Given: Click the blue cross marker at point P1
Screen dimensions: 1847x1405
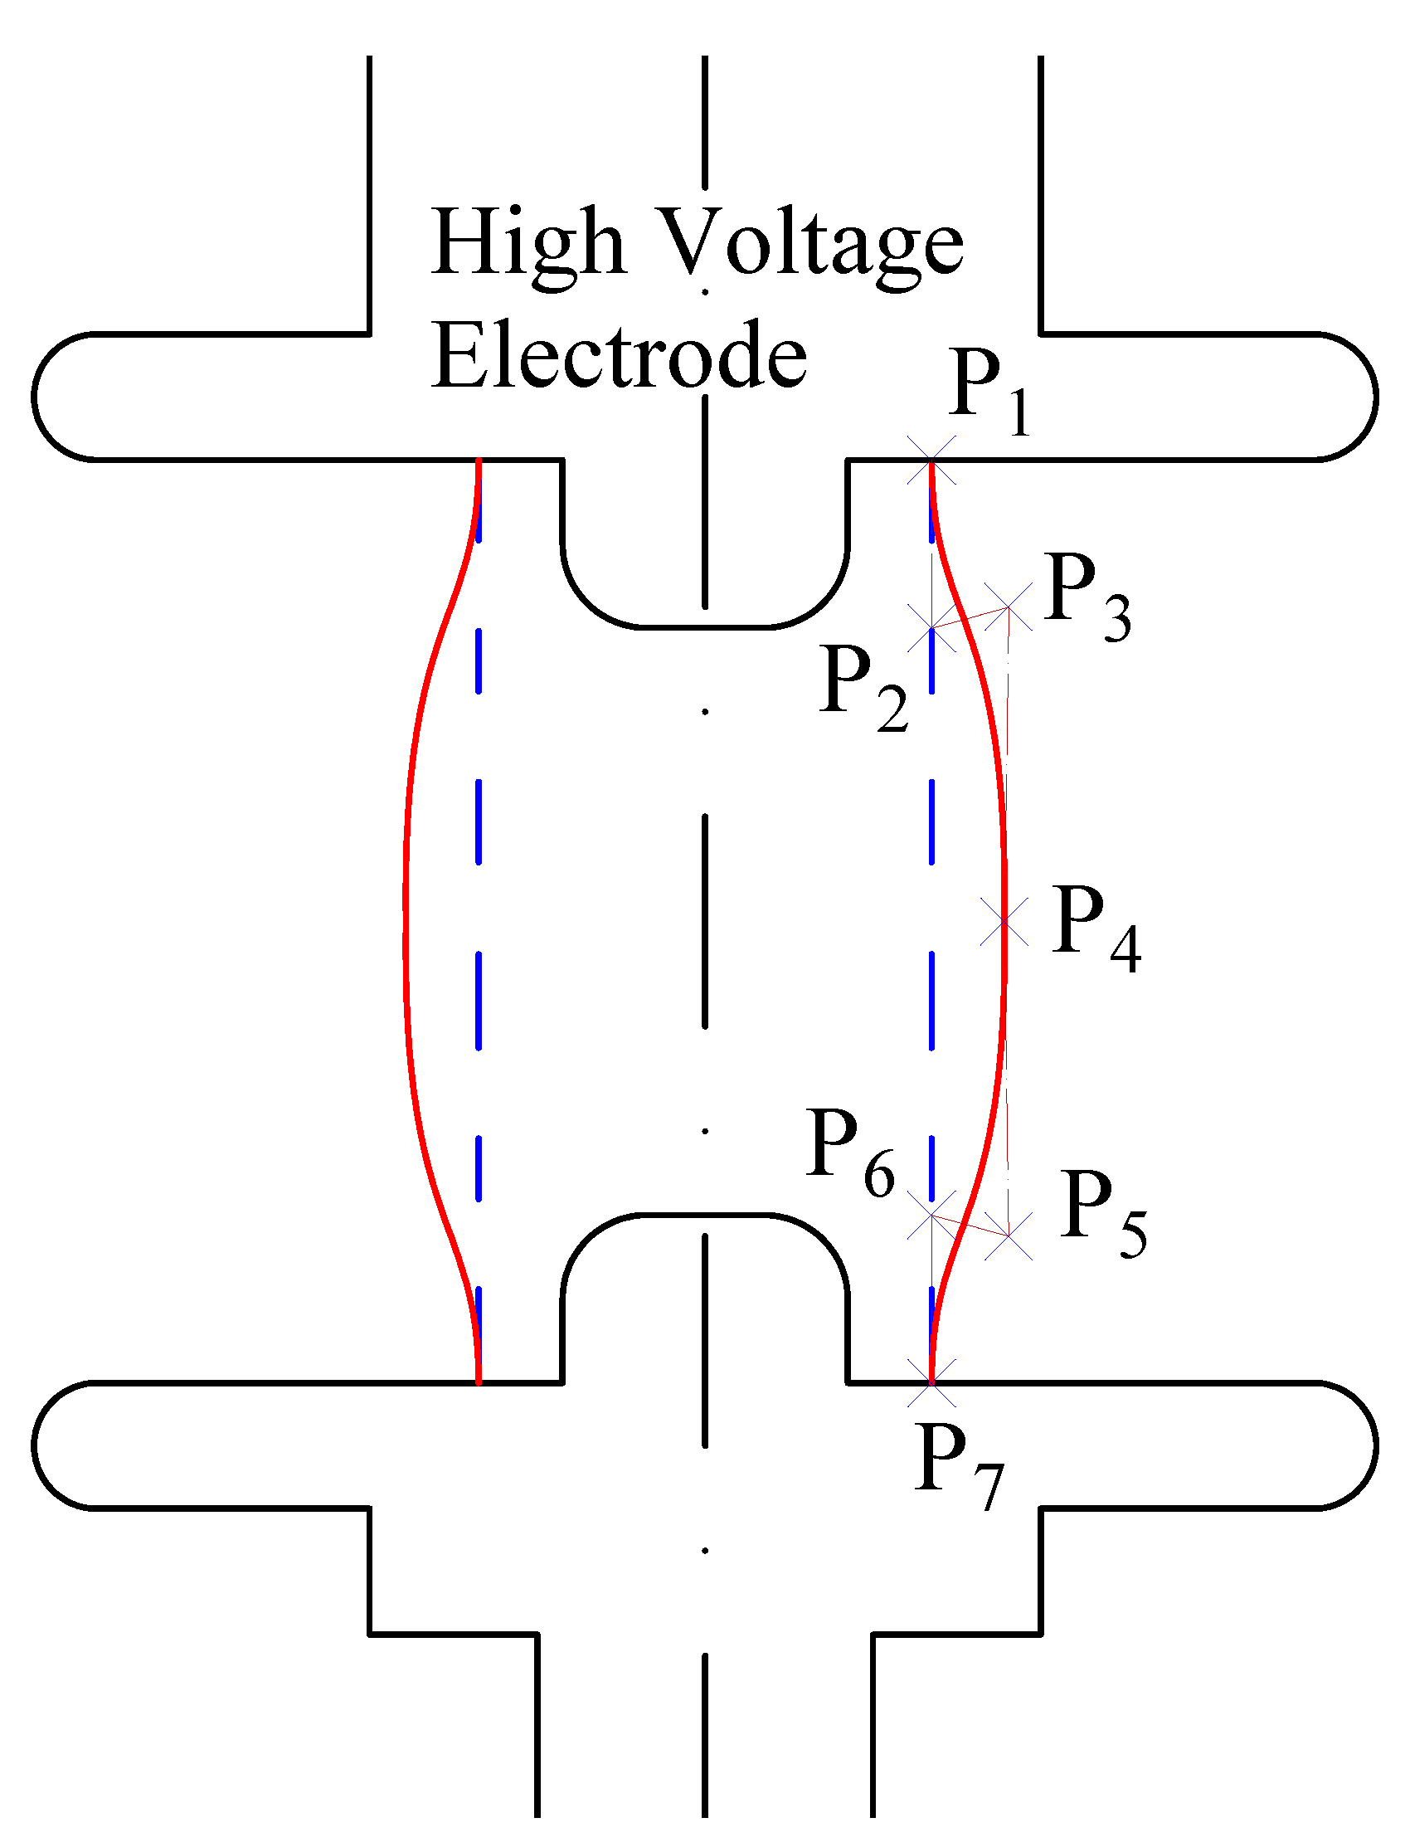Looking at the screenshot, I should [x=931, y=460].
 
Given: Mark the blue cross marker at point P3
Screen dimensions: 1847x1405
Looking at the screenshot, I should [x=1008, y=607].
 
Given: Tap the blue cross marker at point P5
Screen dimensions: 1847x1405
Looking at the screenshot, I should [x=1009, y=1235].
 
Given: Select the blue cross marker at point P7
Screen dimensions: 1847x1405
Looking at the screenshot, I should [x=931, y=1382].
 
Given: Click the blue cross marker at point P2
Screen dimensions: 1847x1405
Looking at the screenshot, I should [x=931, y=627].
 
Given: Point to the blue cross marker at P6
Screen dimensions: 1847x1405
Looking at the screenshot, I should [x=931, y=1216].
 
